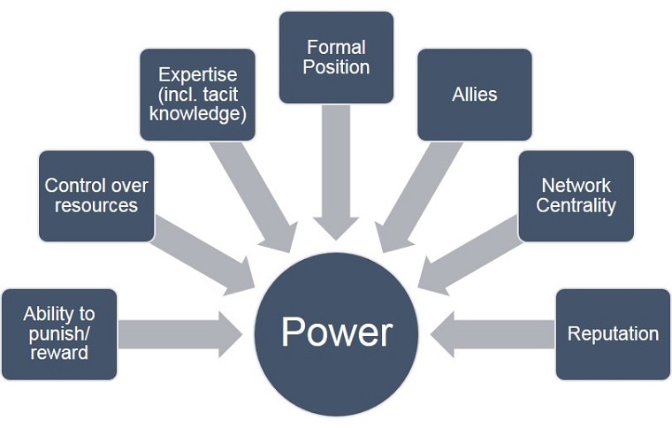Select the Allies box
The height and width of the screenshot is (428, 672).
[x=474, y=94]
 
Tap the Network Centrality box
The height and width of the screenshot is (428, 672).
[x=576, y=195]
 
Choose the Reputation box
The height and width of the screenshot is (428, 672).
[x=613, y=333]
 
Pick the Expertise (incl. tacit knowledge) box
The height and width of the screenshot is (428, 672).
[x=198, y=94]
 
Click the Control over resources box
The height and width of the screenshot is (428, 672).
[x=96, y=195]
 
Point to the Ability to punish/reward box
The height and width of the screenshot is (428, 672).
[x=59, y=333]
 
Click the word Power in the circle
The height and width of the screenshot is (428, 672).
[x=336, y=332]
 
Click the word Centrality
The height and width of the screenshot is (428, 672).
[x=576, y=206]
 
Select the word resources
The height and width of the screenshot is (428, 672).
[x=96, y=206]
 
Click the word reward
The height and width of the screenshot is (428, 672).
[x=59, y=354]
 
